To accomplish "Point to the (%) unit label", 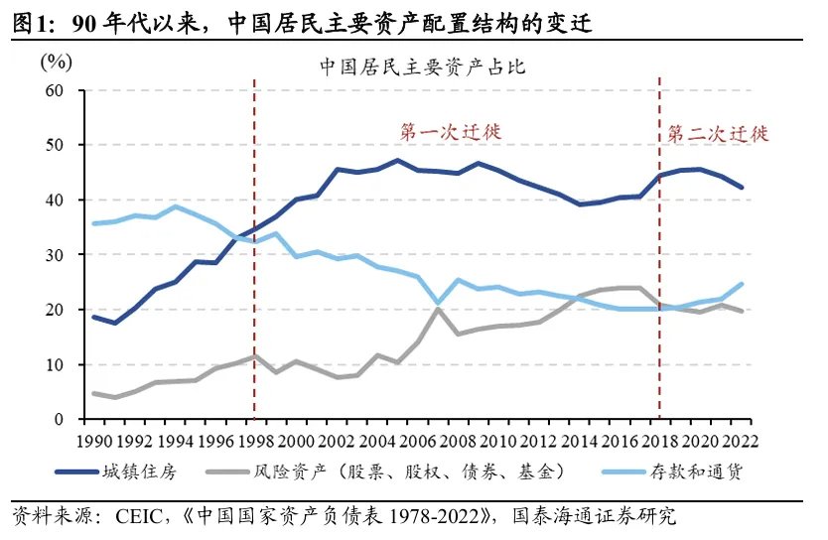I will [x=57, y=62].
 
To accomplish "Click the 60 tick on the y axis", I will [x=54, y=90].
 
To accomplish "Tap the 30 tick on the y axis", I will [x=54, y=255].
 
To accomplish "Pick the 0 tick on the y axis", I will [x=59, y=420].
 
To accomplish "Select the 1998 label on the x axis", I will [x=256, y=440].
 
